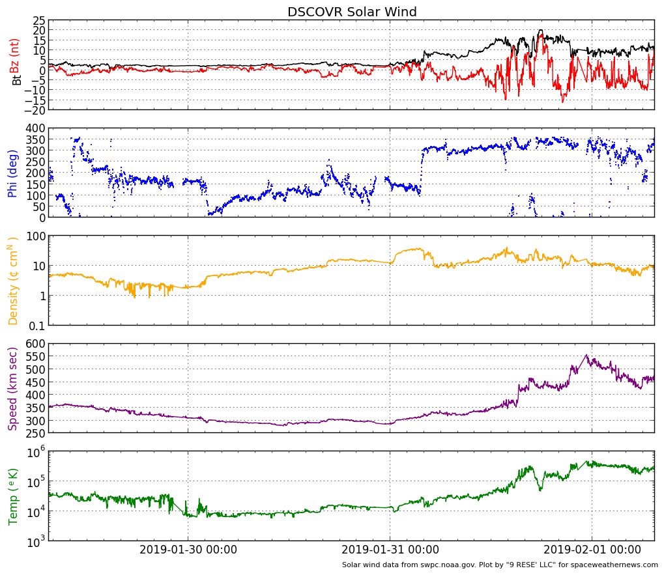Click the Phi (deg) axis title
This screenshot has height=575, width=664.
pos(12,173)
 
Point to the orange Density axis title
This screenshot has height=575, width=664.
pos(12,281)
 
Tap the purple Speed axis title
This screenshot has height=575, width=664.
pos(12,387)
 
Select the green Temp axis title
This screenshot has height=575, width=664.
pos(12,496)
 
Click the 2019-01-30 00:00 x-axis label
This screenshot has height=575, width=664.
pos(188,550)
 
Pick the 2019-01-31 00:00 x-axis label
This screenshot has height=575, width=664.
pos(390,550)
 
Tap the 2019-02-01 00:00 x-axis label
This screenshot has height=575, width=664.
pos(592,550)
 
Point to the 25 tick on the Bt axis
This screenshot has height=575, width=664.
pos(38,20)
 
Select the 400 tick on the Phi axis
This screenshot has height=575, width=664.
pos(35,129)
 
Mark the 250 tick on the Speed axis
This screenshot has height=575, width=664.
pos(35,432)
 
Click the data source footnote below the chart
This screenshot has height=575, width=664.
pos(500,565)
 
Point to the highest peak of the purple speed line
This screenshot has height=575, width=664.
pos(586,355)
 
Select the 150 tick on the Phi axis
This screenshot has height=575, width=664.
pos(35,184)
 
